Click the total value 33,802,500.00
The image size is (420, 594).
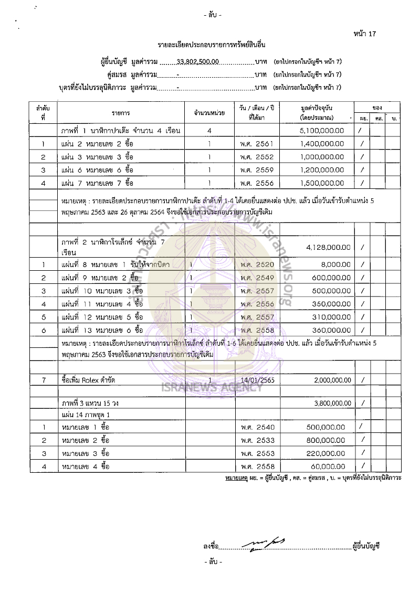(198, 61)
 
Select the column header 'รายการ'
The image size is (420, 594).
(121, 113)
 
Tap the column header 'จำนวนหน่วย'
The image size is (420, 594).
(209, 113)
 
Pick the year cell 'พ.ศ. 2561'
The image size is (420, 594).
(257, 143)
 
